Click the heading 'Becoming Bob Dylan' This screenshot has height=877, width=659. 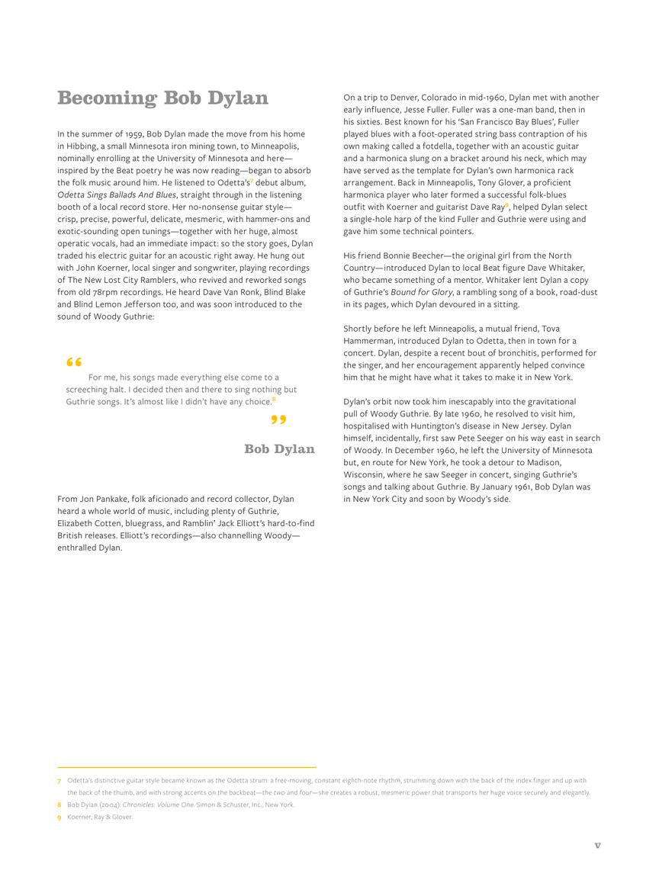(x=162, y=98)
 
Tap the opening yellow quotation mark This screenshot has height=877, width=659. (x=74, y=362)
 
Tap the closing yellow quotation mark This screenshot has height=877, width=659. (x=278, y=420)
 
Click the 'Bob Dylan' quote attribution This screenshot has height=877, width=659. (x=279, y=449)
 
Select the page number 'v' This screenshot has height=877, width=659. (x=597, y=845)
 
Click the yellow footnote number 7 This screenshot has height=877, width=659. (x=59, y=781)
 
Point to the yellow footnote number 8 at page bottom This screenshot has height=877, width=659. (x=59, y=805)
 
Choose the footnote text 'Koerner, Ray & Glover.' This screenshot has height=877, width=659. (x=100, y=817)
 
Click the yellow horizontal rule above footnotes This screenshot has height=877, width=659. (x=187, y=767)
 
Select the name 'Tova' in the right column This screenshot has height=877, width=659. (x=551, y=329)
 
